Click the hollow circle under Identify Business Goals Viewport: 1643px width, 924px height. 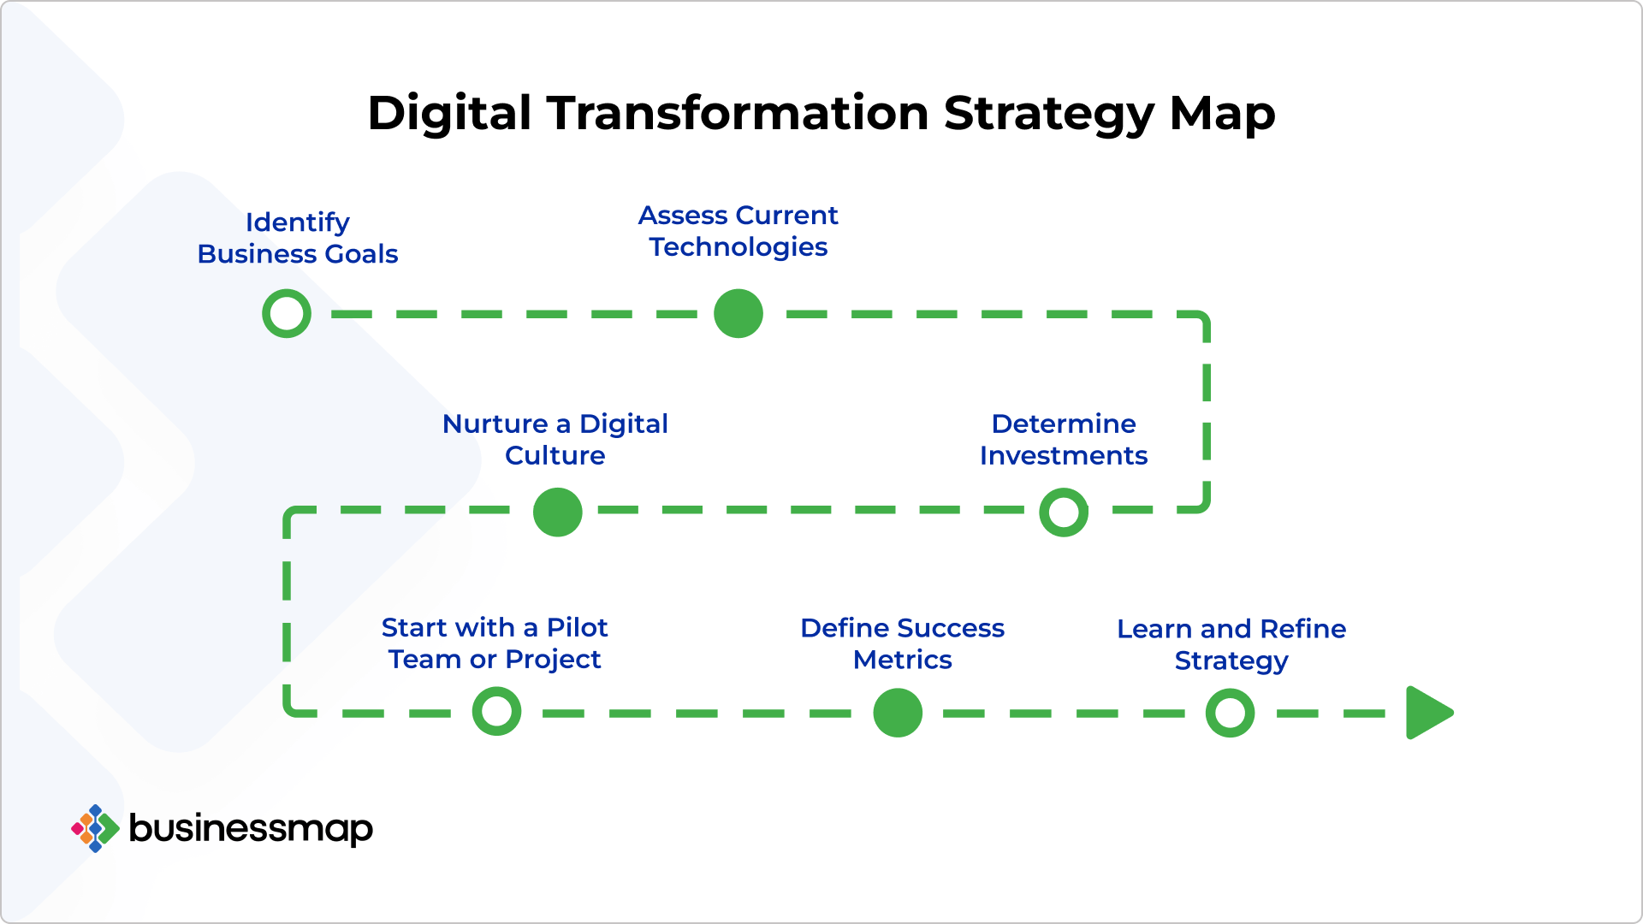[x=287, y=313]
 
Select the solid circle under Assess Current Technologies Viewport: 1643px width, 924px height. [x=738, y=313]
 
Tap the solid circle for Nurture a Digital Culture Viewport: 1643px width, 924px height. [x=557, y=512]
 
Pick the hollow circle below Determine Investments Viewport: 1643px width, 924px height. [x=1064, y=512]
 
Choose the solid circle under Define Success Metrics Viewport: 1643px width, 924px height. [x=898, y=713]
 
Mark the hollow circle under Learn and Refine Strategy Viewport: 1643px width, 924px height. [x=1230, y=713]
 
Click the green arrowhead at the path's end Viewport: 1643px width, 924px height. [x=1427, y=713]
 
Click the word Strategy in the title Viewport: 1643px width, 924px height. [x=1048, y=113]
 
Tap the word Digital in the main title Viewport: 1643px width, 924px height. [x=449, y=113]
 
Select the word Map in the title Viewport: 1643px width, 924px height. [x=1222, y=113]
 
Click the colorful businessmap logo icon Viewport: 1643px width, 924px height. [x=95, y=828]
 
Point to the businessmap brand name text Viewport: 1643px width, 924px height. [x=251, y=828]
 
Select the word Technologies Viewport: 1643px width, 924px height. [x=738, y=247]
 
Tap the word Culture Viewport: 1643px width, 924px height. [x=555, y=455]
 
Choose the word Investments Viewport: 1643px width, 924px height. [x=1063, y=455]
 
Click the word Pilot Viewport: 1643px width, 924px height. [x=577, y=627]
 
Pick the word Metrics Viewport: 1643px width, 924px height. [x=902, y=660]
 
